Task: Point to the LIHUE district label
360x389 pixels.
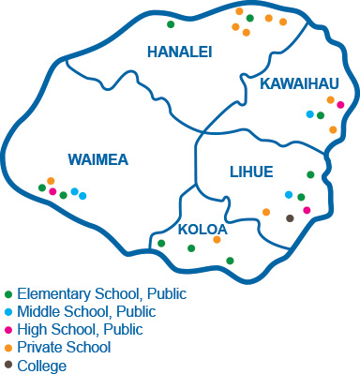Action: click(x=251, y=171)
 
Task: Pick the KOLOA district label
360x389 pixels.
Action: click(x=202, y=228)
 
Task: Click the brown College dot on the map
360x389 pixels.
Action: click(x=290, y=218)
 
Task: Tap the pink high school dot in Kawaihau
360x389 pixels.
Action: click(x=340, y=105)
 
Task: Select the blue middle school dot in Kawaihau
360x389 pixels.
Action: click(x=310, y=114)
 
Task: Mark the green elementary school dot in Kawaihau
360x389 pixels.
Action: click(x=321, y=115)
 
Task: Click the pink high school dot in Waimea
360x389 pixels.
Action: click(x=52, y=191)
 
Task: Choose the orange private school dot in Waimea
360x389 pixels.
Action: click(x=51, y=180)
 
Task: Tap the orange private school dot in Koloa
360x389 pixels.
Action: click(x=217, y=239)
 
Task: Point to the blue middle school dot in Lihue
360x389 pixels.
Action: click(x=289, y=194)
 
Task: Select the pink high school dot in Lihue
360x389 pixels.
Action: click(x=307, y=210)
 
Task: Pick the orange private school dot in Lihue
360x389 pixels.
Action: click(x=266, y=212)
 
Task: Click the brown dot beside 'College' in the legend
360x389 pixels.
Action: click(x=8, y=366)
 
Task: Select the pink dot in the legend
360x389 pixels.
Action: click(x=8, y=330)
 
